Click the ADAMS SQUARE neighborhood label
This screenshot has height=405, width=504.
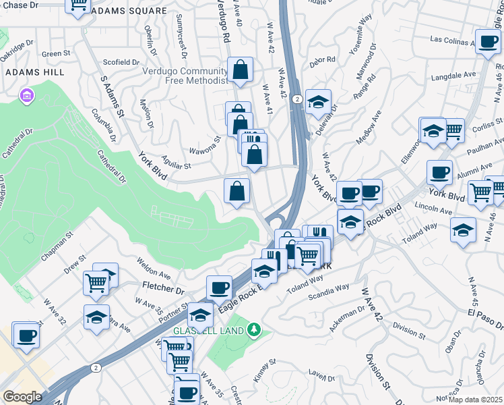(129, 11)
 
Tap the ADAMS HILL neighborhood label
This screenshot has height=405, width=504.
(34, 72)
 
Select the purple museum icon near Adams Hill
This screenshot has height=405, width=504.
(27, 96)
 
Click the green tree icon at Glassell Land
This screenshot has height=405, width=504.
(253, 330)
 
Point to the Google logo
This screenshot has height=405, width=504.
(22, 397)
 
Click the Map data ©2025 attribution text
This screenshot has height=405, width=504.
(476, 400)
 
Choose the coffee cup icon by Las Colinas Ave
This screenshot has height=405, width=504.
(487, 41)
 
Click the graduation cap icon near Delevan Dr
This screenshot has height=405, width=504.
(318, 102)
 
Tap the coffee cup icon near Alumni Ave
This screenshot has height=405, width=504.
(439, 172)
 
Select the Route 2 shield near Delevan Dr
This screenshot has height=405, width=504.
(297, 99)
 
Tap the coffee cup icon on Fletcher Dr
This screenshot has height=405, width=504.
(219, 288)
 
